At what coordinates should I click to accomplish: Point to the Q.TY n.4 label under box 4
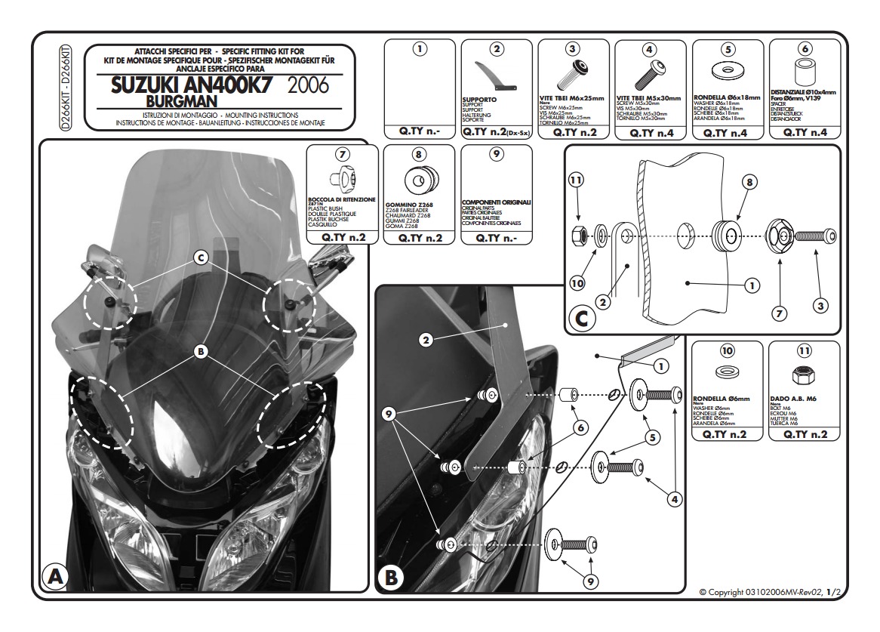pyautogui.click(x=650, y=132)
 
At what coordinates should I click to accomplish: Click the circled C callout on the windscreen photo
pyautogui.click(x=201, y=258)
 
